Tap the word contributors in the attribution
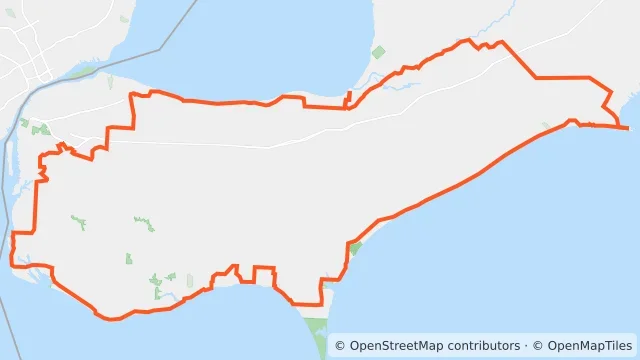[485, 346]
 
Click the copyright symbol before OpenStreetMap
[340, 346]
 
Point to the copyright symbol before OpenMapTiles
[538, 346]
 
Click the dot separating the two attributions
[527, 346]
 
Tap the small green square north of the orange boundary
[378, 52]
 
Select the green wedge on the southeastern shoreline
[355, 247]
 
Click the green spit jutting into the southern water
[317, 330]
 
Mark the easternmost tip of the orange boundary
[628, 128]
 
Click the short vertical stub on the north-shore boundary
[347, 99]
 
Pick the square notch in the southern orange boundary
[264, 274]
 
